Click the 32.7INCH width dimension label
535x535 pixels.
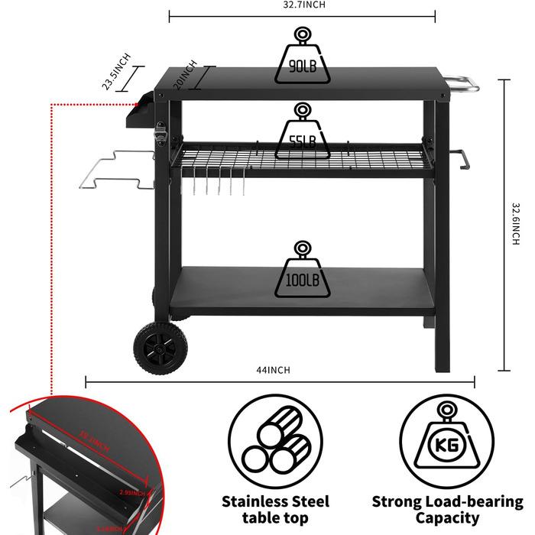click(302, 5)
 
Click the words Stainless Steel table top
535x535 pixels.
click(275, 511)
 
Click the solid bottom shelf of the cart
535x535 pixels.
click(298, 290)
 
